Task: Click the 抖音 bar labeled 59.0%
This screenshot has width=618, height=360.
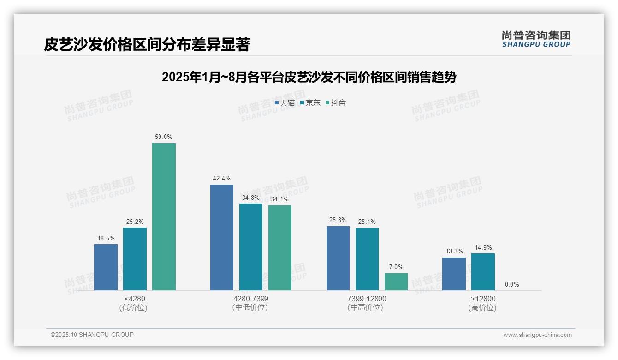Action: [x=164, y=216]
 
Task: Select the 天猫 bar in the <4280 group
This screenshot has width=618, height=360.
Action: [x=106, y=267]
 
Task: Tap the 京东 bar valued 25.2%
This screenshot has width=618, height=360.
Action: [x=135, y=259]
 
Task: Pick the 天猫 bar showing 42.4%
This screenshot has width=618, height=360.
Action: [x=222, y=237]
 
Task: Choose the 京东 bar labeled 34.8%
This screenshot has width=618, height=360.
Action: [x=251, y=247]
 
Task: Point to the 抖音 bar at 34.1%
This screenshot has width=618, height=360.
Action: [x=280, y=248]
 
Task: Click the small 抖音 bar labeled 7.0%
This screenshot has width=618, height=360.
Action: [x=396, y=282]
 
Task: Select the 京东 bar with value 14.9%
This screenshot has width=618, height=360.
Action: [x=483, y=272]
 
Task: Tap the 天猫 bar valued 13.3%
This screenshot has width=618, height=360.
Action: [x=454, y=274]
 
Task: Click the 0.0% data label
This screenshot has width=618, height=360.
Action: [x=512, y=285]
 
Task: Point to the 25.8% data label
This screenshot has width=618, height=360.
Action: [x=338, y=220]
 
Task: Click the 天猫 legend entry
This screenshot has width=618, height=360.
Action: [x=285, y=103]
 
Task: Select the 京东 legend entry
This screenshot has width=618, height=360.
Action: [x=310, y=103]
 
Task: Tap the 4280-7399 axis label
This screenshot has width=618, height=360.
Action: [x=251, y=299]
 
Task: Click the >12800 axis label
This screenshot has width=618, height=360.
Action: [x=483, y=299]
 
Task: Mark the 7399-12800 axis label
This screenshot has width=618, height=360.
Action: [x=367, y=299]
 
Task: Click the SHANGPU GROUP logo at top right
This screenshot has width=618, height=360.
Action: [x=536, y=39]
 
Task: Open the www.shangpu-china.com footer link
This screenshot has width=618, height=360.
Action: [x=537, y=335]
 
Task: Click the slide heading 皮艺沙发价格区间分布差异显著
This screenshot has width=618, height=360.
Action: [x=147, y=45]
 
